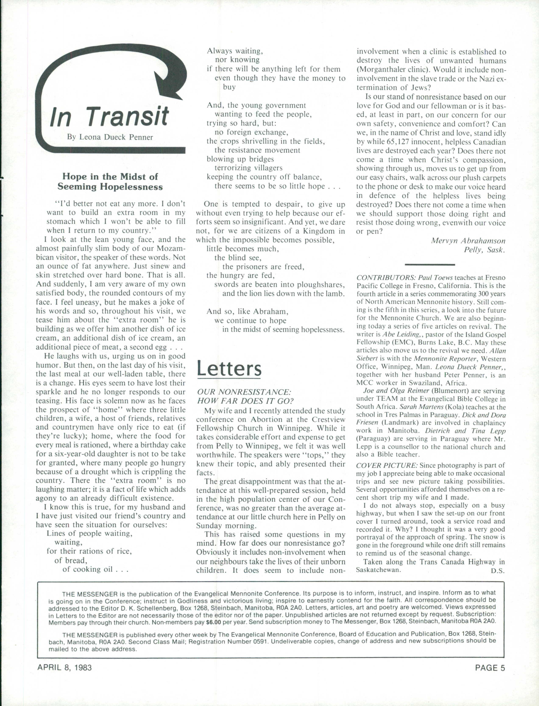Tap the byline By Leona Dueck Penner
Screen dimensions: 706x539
(x=110, y=137)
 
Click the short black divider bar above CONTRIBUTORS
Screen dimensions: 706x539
(x=430, y=264)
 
